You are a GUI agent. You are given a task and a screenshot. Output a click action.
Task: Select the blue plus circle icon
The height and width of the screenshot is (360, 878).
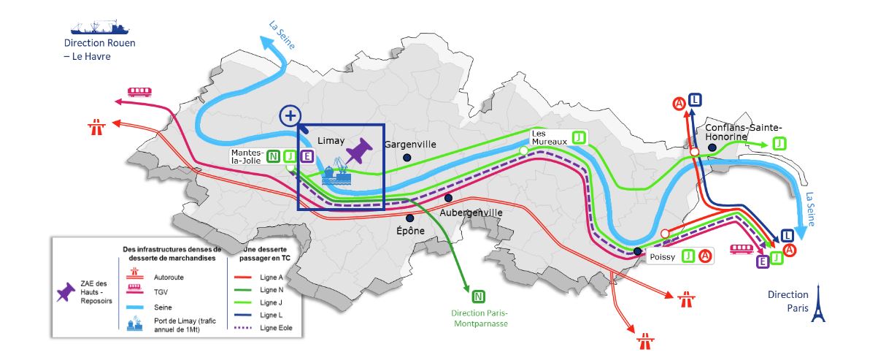(290, 115)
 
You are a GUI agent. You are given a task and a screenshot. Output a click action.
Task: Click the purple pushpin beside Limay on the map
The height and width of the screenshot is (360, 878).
(358, 152)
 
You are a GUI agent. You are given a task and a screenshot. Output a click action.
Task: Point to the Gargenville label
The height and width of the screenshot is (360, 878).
(409, 145)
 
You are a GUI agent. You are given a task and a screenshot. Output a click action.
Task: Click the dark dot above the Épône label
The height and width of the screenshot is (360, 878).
(409, 218)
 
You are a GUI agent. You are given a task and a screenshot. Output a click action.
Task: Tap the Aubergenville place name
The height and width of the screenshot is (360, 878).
(471, 212)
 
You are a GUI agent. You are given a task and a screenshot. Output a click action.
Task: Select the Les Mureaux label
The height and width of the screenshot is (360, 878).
(548, 137)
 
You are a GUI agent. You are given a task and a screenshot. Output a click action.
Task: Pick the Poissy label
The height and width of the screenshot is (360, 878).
(663, 256)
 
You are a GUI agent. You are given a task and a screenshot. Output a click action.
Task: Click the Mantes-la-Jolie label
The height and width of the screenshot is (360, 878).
(247, 156)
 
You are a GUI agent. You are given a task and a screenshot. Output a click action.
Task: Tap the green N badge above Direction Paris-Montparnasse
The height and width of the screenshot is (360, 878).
(479, 296)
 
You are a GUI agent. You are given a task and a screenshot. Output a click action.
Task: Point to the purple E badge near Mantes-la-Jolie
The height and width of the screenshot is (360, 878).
(307, 156)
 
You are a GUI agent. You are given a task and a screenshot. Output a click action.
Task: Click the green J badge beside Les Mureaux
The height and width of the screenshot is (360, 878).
(579, 137)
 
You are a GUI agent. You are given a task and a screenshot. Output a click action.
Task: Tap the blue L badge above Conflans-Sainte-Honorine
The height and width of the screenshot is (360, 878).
(695, 101)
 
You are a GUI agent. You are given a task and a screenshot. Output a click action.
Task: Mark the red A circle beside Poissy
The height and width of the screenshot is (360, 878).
(705, 256)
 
